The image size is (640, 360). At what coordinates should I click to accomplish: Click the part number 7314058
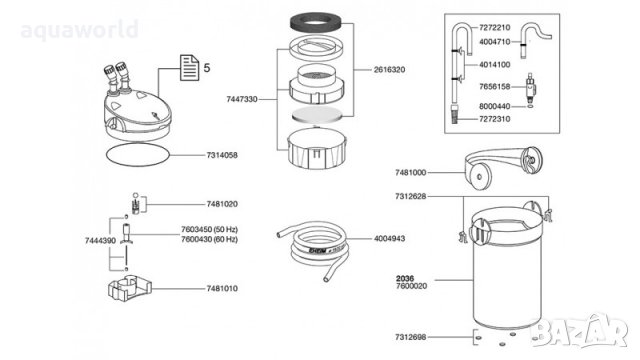[222, 155]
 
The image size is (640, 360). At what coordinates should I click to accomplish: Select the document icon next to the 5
[189, 68]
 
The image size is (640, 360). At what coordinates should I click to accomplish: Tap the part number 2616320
[389, 70]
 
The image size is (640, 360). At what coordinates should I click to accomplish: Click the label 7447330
[242, 99]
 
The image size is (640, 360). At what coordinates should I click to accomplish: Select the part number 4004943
[389, 238]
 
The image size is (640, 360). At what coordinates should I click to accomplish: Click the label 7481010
[222, 289]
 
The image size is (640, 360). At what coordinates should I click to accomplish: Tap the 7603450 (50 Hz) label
[209, 230]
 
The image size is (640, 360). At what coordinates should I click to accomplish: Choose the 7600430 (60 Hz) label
[209, 239]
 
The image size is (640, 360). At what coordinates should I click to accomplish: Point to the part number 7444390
[100, 241]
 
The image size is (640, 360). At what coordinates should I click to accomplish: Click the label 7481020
[222, 204]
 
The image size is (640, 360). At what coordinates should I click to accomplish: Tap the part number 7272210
[495, 27]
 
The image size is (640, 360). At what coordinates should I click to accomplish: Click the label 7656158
[495, 87]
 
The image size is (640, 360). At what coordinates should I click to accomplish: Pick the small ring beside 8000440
[530, 106]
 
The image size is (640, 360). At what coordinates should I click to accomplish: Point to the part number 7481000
[411, 173]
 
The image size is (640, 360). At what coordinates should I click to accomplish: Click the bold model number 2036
[405, 279]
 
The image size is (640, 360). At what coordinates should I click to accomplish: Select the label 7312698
[411, 337]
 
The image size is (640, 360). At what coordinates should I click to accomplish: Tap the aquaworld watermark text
[80, 30]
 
